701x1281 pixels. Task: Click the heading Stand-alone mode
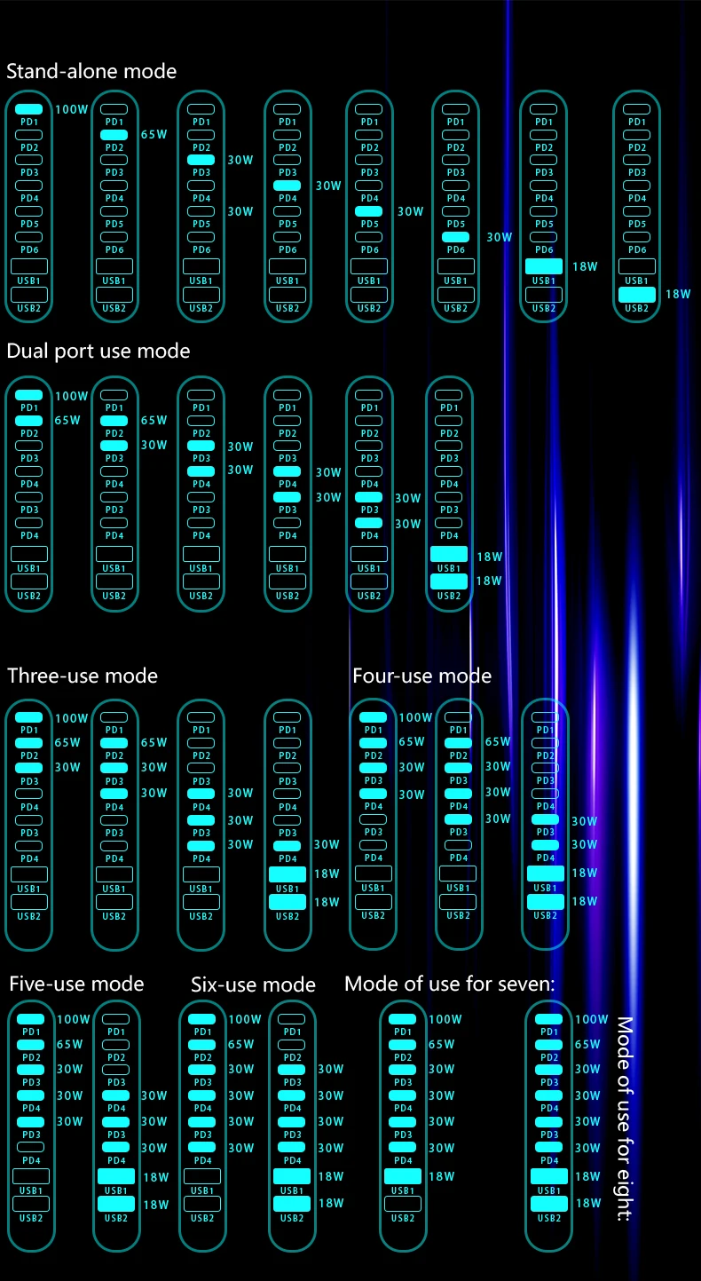91,71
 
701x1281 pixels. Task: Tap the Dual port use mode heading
98,351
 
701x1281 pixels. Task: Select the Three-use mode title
83,676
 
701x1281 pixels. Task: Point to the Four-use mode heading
421,676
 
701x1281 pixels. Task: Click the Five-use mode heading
76,984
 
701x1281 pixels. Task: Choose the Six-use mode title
253,984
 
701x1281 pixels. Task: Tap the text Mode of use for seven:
449,984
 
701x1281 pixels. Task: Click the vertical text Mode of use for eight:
625,1119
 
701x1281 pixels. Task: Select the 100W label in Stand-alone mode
72,110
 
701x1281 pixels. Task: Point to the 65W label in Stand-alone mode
154,135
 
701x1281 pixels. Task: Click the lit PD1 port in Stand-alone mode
29,109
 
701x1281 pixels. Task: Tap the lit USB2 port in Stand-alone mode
636,294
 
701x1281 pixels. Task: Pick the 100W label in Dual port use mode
72,396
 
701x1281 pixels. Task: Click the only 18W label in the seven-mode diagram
441,1176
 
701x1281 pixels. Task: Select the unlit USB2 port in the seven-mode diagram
403,1204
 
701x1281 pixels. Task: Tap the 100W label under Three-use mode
72,718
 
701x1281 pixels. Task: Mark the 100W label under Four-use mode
415,717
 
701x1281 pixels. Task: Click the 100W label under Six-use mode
245,1019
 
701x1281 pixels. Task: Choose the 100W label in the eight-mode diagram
592,1019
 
